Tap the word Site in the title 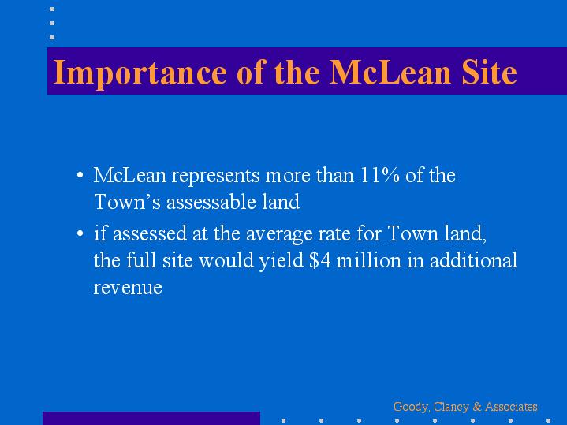[x=489, y=73]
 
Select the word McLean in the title [x=390, y=73]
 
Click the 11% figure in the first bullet [x=380, y=175]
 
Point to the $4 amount [x=320, y=260]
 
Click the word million [x=369, y=260]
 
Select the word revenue [x=128, y=288]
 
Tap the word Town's [x=127, y=202]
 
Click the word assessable [x=211, y=202]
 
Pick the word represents [x=215, y=176]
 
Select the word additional [x=473, y=260]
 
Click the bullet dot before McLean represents [x=80, y=175]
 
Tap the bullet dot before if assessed [x=80, y=233]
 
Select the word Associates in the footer [x=511, y=407]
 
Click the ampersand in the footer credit [x=477, y=407]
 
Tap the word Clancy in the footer [x=451, y=408]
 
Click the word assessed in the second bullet [x=150, y=233]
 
